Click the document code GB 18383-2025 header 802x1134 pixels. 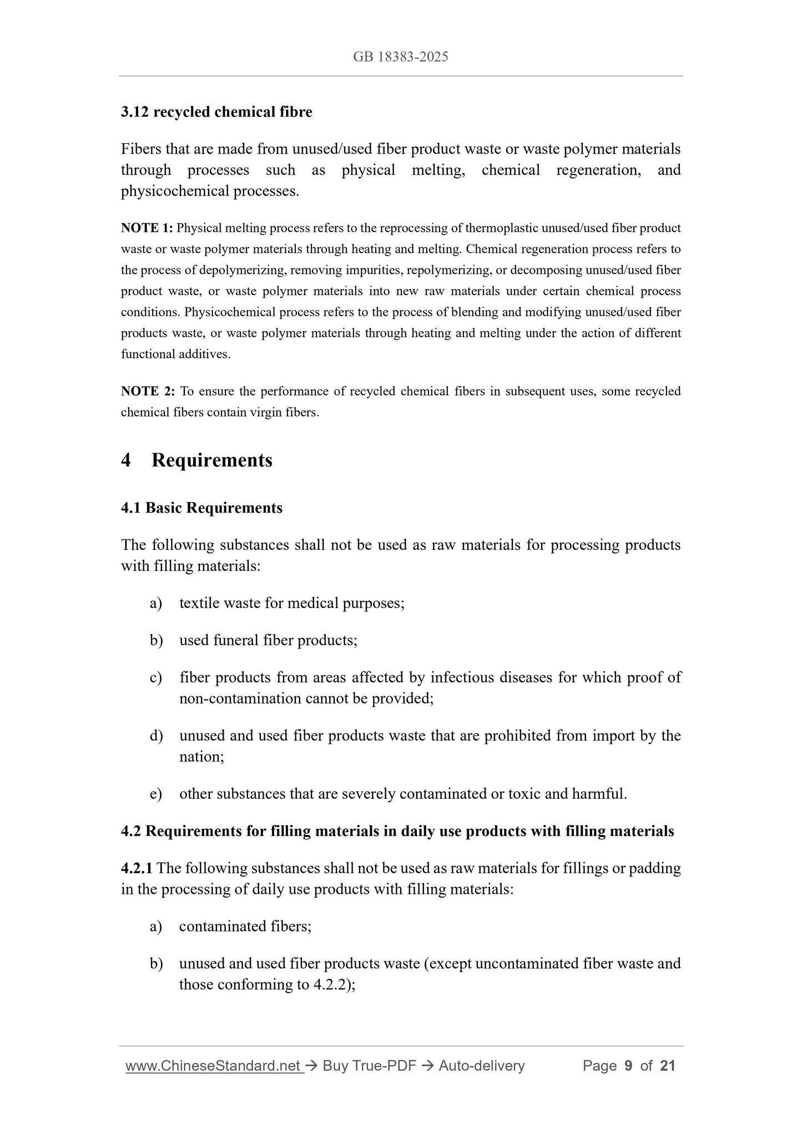400,57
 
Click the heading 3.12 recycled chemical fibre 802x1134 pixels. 216,112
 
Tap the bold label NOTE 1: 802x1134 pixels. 147,228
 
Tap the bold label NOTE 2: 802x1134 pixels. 148,392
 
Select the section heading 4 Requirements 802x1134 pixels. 196,460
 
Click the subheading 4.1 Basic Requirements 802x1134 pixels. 201,508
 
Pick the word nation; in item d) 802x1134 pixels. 201,757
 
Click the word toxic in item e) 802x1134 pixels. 524,794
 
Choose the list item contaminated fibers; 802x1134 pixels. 245,927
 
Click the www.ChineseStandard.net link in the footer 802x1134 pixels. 214,1066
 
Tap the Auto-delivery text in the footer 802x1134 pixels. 481,1066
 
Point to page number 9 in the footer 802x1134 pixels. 628,1066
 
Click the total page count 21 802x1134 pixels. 667,1066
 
